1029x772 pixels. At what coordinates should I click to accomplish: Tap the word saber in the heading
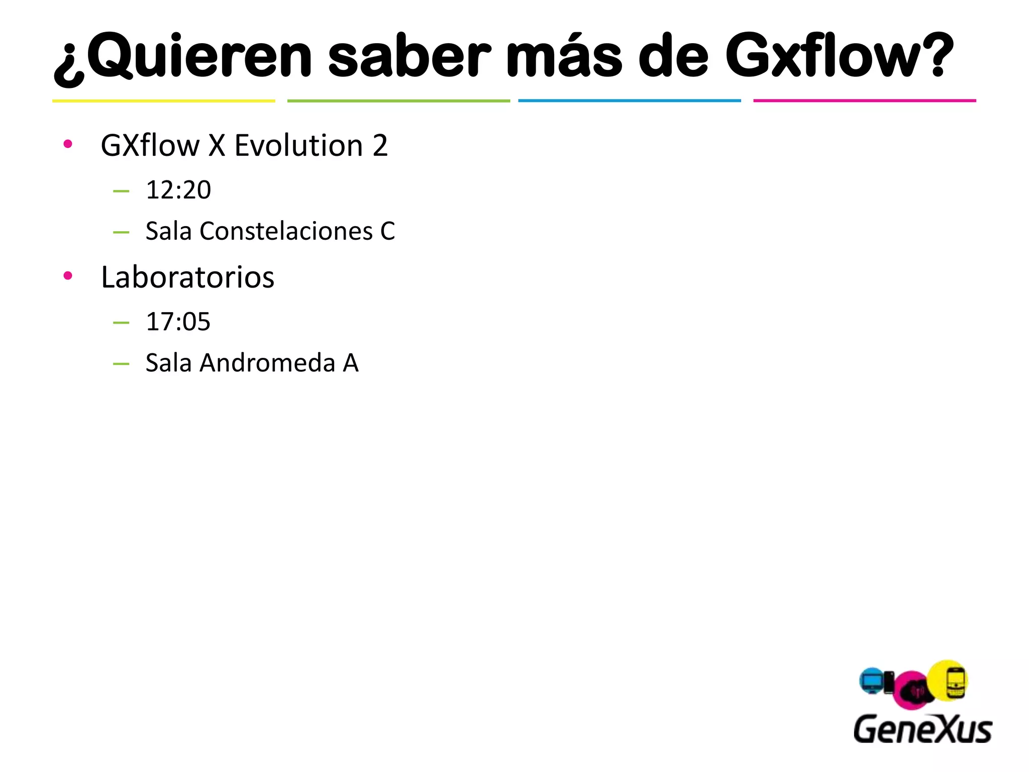point(409,56)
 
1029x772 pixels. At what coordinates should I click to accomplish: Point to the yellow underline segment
point(164,101)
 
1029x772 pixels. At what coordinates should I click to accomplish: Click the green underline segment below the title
point(398,101)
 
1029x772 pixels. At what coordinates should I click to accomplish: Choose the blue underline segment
point(630,101)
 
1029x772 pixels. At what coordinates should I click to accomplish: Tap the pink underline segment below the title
point(864,101)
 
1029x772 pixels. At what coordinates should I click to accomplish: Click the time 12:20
point(178,190)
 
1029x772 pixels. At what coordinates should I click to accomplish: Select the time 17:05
point(178,322)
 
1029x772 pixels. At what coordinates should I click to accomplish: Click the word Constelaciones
point(286,231)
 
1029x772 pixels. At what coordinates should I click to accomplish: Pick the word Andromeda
point(267,363)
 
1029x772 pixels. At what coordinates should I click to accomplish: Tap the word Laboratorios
point(187,277)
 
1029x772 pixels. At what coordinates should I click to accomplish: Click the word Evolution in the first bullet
point(298,146)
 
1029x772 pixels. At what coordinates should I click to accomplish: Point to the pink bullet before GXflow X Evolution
point(68,144)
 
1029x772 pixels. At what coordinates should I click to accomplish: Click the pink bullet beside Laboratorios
point(68,275)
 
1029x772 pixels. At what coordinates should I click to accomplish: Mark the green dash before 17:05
point(121,322)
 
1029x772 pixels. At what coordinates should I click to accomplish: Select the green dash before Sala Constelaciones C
point(121,232)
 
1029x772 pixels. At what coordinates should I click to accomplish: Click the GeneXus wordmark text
point(922,729)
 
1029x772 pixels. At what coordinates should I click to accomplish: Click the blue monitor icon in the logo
point(872,682)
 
